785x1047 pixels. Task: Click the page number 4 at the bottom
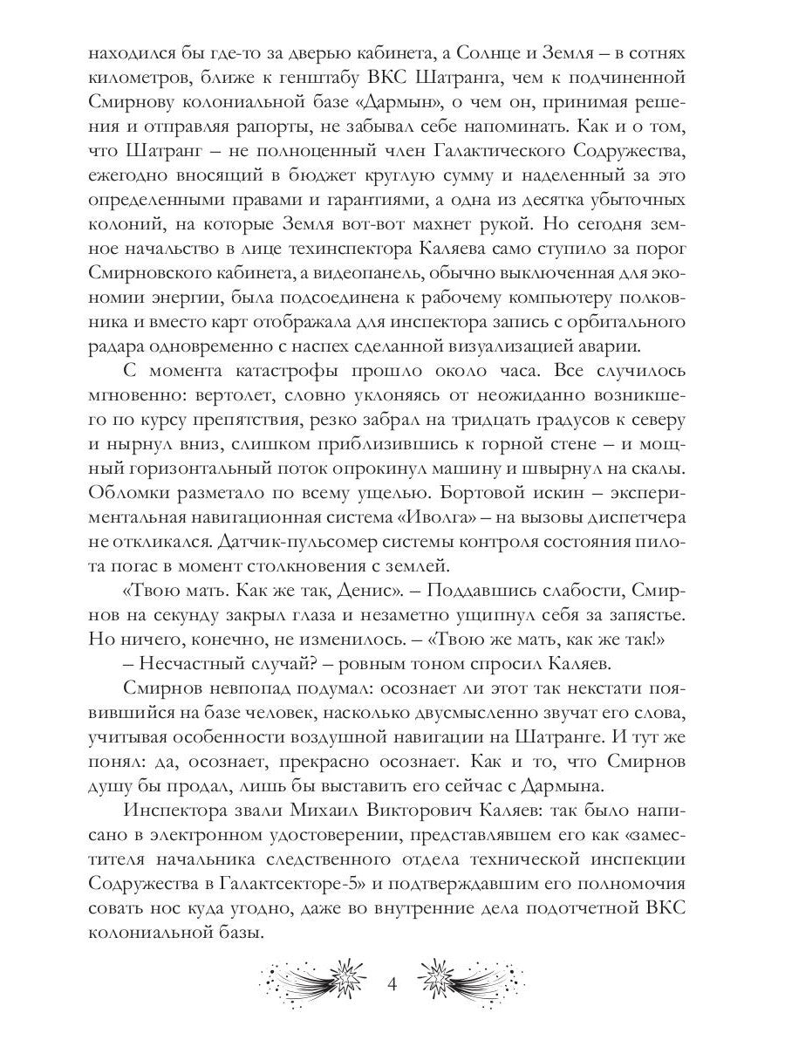pyautogui.click(x=392, y=985)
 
